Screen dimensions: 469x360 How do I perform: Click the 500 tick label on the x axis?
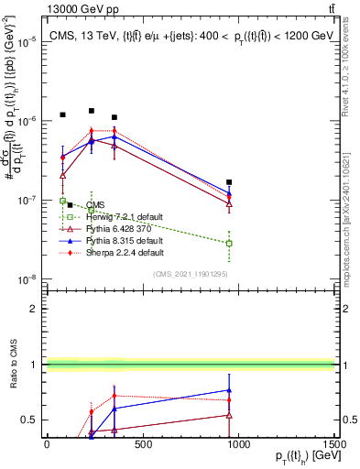(143, 444)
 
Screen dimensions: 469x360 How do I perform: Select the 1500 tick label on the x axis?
(335, 444)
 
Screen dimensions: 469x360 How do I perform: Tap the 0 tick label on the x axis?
(47, 444)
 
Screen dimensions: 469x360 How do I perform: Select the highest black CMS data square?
(92, 111)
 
